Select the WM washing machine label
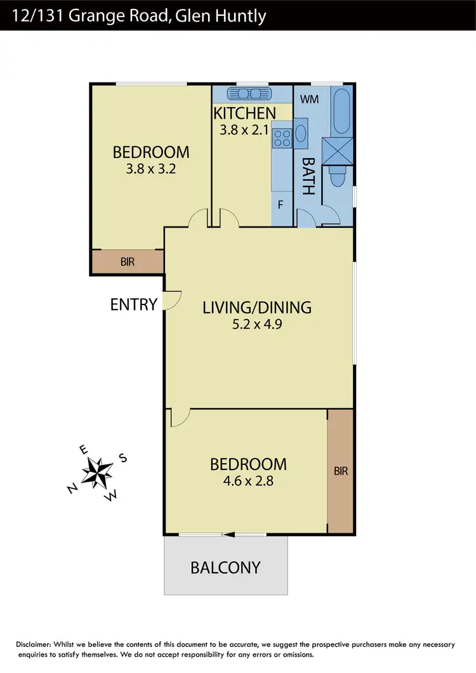click(309, 100)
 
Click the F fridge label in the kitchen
click(281, 205)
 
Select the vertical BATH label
click(308, 175)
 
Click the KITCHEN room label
click(244, 114)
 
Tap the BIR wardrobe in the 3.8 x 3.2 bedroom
click(128, 261)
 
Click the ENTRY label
click(133, 304)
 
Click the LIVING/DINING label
click(257, 308)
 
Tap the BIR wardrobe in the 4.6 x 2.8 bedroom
click(340, 471)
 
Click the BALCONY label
click(226, 567)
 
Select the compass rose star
click(98, 473)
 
